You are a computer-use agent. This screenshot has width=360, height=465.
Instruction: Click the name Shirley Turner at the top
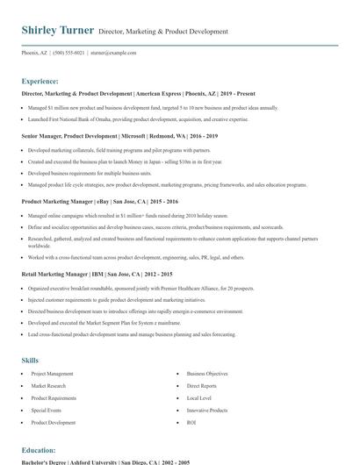pos(58,31)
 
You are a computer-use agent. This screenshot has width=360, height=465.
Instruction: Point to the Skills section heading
pos(30,361)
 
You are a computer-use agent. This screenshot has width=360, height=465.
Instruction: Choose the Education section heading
pos(39,448)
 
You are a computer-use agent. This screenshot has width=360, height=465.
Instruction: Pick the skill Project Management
pos(52,374)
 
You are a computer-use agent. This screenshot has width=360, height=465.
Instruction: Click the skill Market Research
pos(48,386)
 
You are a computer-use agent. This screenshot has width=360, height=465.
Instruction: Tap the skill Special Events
pos(47,411)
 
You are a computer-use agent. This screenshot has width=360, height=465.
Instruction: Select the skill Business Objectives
pos(207,374)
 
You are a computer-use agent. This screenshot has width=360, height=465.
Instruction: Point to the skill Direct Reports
pos(201,386)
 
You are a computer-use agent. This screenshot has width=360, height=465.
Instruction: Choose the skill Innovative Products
pos(207,411)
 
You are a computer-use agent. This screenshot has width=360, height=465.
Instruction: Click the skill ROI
pos(191,423)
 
